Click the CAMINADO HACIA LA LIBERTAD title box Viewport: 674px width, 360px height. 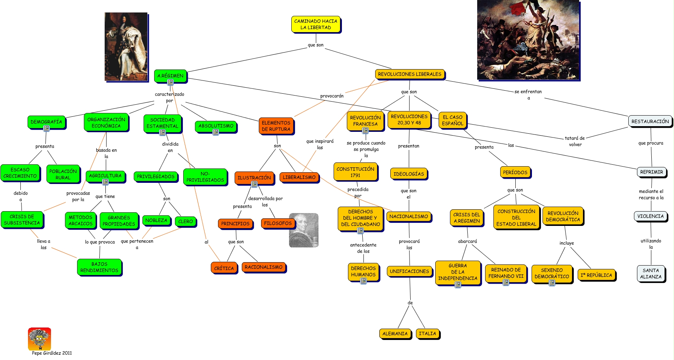click(315, 24)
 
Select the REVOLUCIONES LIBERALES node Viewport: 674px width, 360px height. click(410, 74)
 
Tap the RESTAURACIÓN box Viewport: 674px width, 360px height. click(650, 121)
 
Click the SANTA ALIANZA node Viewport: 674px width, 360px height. click(651, 273)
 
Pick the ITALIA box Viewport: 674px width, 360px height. click(427, 334)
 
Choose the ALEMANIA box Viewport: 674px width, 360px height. click(395, 334)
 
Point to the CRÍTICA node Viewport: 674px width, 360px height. click(224, 268)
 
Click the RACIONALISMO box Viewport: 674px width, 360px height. click(263, 267)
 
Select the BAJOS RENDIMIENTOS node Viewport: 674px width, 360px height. click(99, 267)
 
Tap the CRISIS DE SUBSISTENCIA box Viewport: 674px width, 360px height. click(22, 219)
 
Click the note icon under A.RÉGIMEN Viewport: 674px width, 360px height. click(170, 82)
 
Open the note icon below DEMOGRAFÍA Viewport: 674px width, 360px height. click(46, 128)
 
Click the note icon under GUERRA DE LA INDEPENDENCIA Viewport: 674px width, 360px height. click(458, 284)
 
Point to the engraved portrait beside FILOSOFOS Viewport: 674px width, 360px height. click(304, 230)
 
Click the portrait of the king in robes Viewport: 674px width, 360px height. click(126, 46)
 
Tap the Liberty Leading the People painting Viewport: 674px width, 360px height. click(528, 40)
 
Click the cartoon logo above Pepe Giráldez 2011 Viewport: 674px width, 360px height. click(39, 339)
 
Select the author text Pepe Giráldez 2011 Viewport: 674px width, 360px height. click(52, 353)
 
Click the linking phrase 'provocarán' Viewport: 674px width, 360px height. click(332, 96)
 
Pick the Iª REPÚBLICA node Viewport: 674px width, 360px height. click(596, 275)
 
